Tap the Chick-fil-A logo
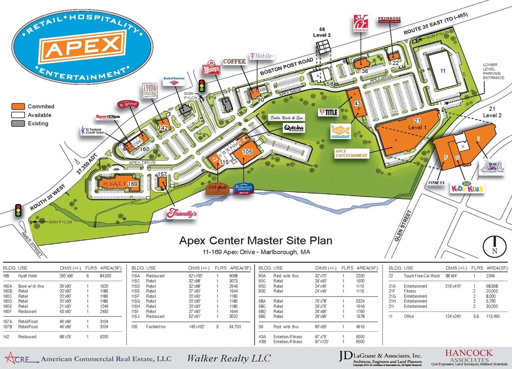pos(360,24)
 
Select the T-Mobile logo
pos(261,56)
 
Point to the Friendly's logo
pos(181,213)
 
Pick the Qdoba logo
pos(294,128)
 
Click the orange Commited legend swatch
pos(18,107)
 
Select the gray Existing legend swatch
pos(18,123)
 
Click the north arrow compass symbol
pos(495,246)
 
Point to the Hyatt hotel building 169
pos(116,184)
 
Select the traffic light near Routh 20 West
pos(18,210)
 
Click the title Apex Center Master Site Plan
pos(255,240)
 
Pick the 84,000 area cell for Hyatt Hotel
pos(106,276)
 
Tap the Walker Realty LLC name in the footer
pos(229,358)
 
